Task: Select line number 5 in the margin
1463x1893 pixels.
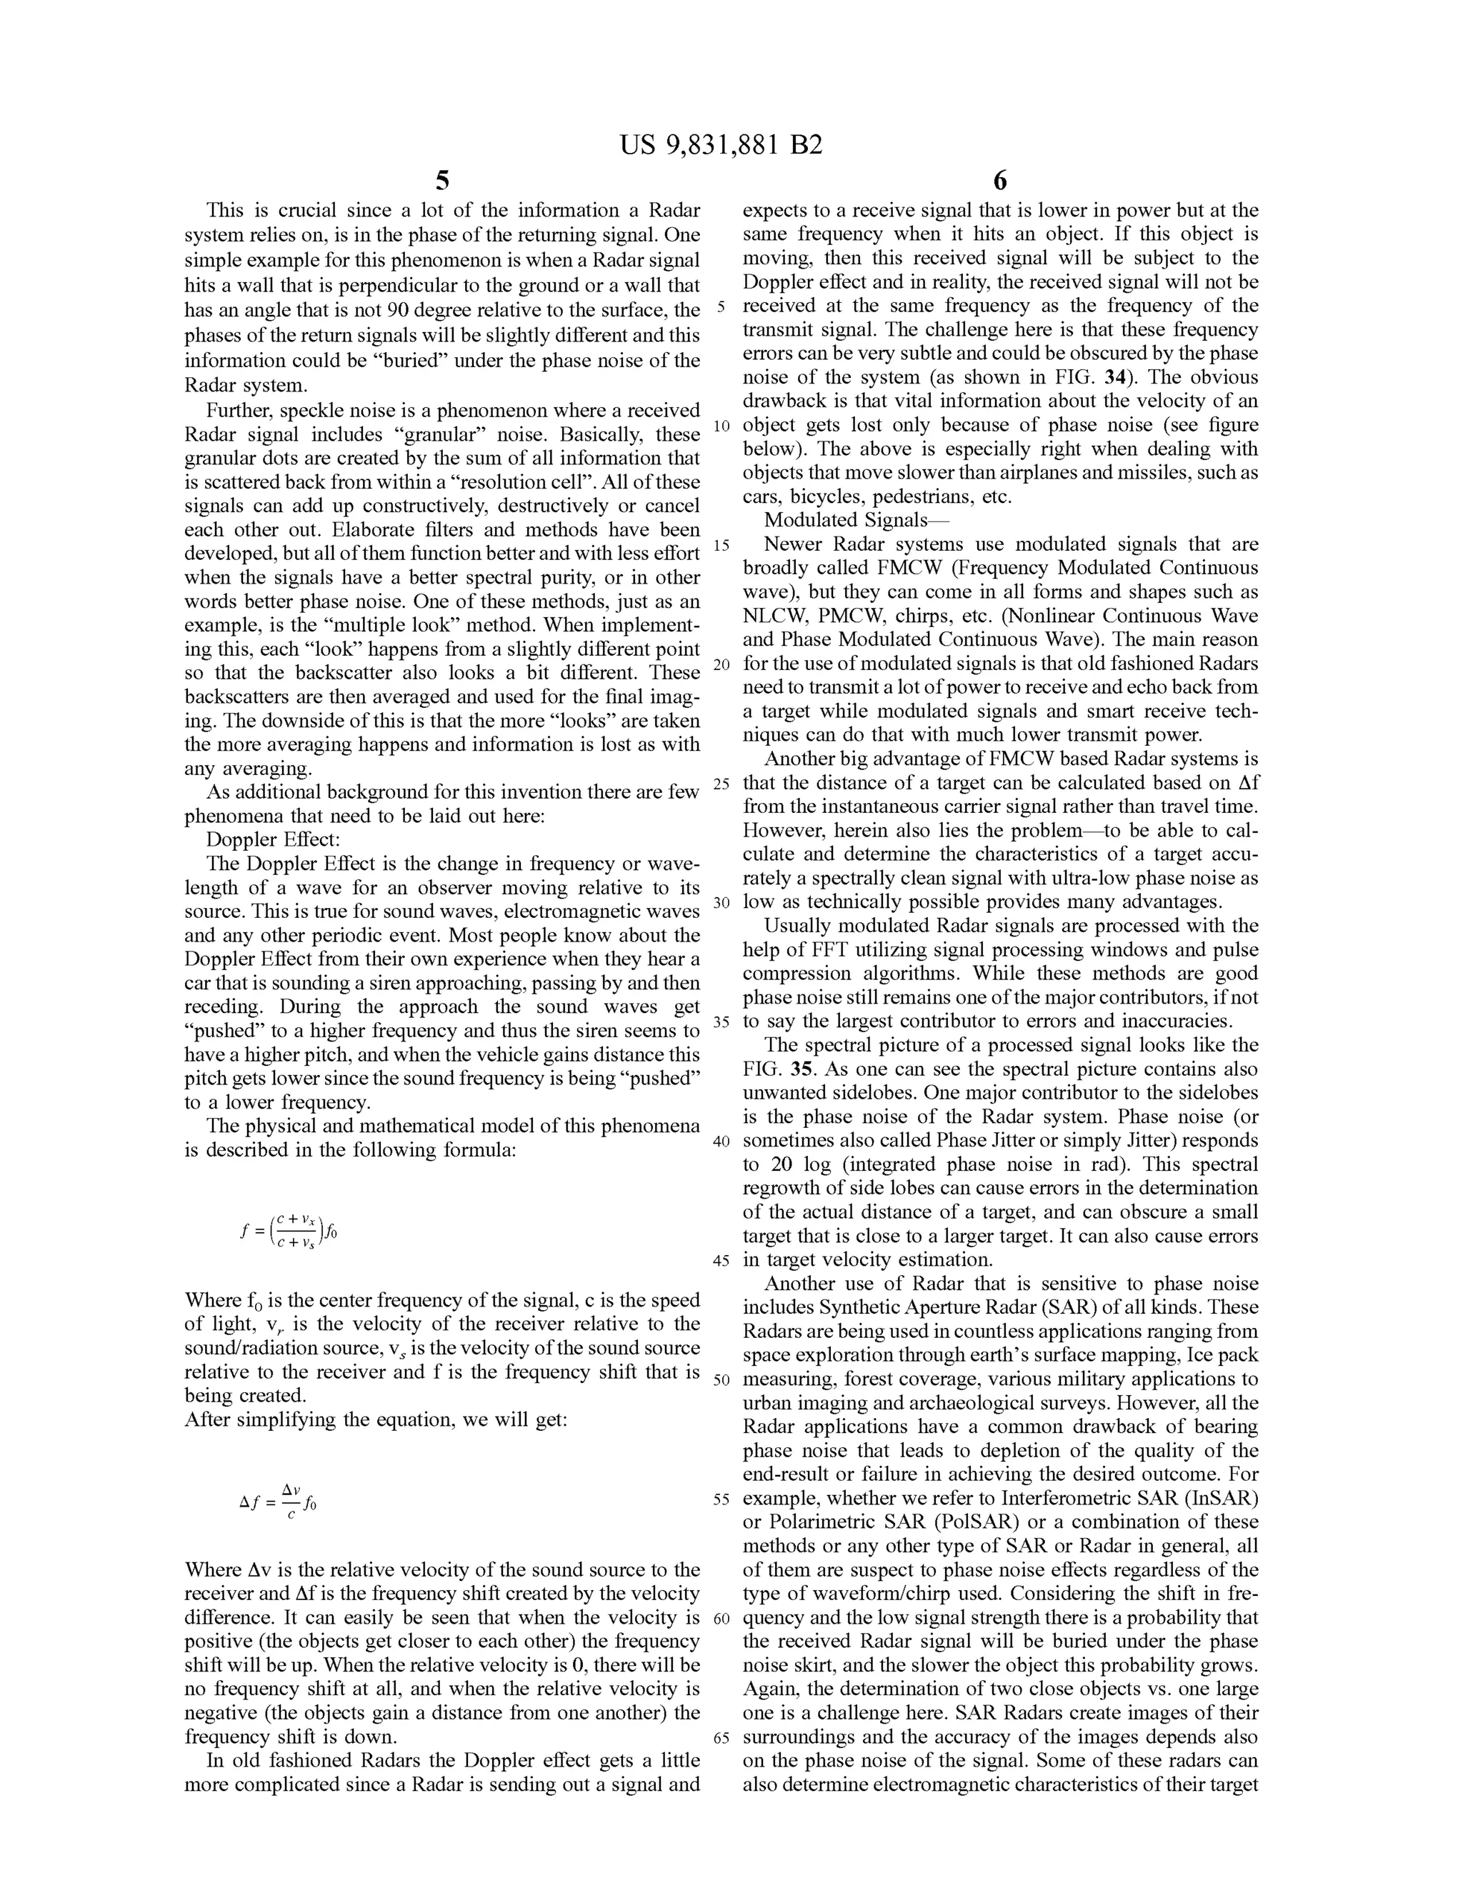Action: tap(721, 307)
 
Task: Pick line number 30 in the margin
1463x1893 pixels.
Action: tap(721, 903)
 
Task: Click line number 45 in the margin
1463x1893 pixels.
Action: tap(721, 1260)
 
